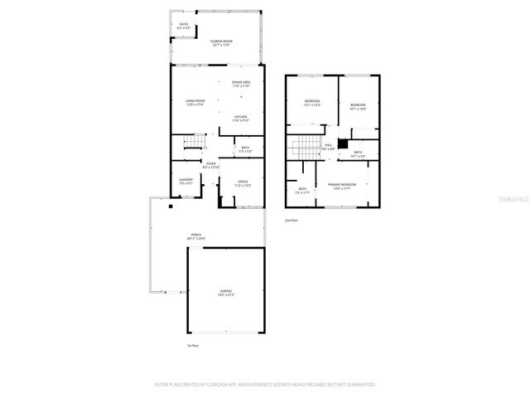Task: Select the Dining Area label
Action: [242, 84]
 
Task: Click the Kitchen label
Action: [240, 118]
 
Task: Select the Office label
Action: [243, 183]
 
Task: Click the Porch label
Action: [197, 236]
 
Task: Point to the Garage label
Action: [226, 294]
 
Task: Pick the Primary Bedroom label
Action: [341, 187]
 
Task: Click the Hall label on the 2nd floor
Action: [329, 147]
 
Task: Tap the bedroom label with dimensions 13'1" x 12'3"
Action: [312, 103]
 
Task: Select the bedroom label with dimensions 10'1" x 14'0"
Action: [358, 106]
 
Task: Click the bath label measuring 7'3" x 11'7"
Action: [302, 191]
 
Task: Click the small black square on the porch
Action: [171, 207]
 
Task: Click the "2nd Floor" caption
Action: [291, 220]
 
